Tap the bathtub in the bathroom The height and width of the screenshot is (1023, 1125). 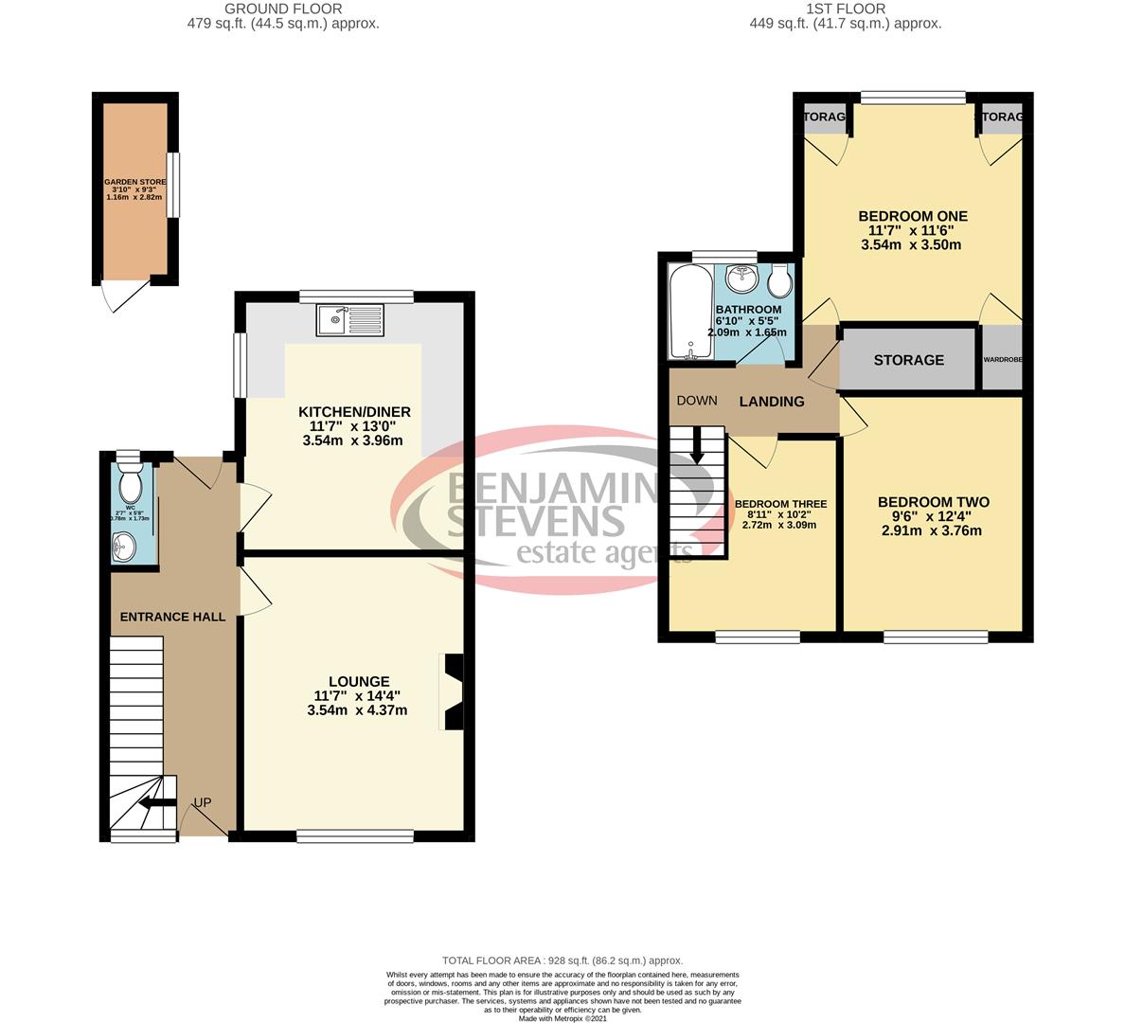pos(688,312)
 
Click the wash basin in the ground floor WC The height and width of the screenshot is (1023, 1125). pos(124,546)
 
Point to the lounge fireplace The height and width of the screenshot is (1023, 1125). pos(452,691)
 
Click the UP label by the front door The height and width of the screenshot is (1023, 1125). pos(202,802)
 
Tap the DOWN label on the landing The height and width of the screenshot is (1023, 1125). pos(696,401)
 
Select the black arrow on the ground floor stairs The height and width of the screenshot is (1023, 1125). pos(153,804)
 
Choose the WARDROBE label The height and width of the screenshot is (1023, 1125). pos(1002,360)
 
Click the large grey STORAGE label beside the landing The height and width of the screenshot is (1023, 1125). pos(908,360)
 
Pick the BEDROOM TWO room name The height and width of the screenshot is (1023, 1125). pos(933,502)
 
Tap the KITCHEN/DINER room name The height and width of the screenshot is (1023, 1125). pos(354,411)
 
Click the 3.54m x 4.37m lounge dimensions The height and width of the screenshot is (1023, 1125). pos(357,709)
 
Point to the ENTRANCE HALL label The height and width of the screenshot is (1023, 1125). pos(172,617)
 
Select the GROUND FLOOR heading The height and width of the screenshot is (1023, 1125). pos(283,9)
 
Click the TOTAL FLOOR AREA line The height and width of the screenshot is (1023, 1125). pos(562,960)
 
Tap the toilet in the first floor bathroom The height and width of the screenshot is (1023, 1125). pos(781,280)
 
